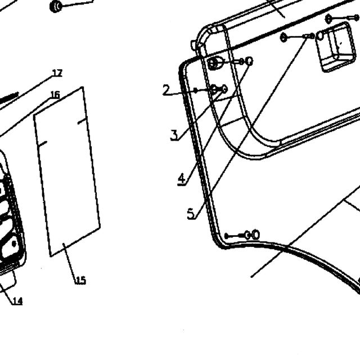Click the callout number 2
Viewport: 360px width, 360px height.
click(166, 90)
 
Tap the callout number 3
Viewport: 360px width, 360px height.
click(174, 135)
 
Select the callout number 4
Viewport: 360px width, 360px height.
click(182, 179)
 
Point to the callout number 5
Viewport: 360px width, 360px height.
click(191, 214)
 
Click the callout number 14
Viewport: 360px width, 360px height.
click(17, 301)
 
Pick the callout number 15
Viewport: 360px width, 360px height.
click(81, 280)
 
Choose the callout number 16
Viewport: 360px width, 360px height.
click(55, 94)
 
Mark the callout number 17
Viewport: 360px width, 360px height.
click(57, 73)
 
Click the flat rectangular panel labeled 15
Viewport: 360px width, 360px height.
click(67, 172)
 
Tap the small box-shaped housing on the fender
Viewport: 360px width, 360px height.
click(335, 47)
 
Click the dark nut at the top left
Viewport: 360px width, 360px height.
click(56, 7)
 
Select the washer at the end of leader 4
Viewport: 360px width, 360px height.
click(249, 61)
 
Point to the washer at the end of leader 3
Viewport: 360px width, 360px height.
click(224, 89)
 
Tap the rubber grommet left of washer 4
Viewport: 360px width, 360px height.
click(215, 63)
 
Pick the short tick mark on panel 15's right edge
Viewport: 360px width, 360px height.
click(82, 121)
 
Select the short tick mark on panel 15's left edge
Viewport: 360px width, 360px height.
click(43, 144)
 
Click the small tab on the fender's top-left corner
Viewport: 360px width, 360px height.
click(194, 45)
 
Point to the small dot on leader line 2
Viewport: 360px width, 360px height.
click(195, 91)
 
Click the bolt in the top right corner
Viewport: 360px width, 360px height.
click(343, 18)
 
